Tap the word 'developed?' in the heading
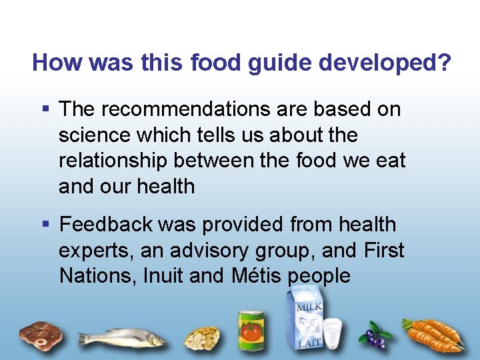click(385, 63)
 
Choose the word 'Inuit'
click(163, 275)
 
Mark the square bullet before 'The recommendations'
click(45, 108)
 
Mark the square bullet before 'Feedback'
click(45, 224)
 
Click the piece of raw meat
click(39, 333)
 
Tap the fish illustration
click(123, 337)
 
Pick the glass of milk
click(331, 333)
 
